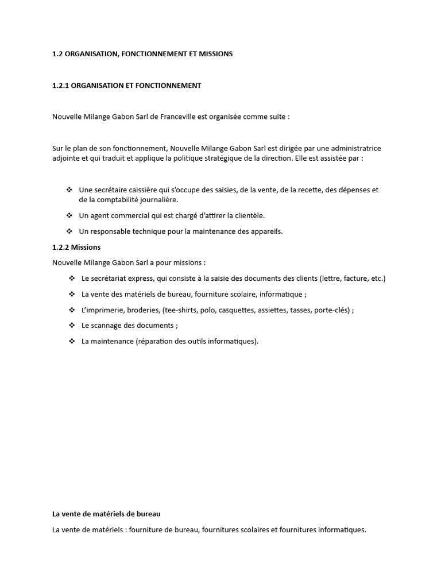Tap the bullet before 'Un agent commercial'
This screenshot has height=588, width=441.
[x=69, y=216]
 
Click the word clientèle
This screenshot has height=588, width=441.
[x=248, y=216]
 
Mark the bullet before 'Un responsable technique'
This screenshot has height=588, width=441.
[x=69, y=231]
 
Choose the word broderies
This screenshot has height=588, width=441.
[x=141, y=310]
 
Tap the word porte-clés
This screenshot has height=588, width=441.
[x=331, y=310]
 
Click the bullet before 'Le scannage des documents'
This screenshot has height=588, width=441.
[x=72, y=326]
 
